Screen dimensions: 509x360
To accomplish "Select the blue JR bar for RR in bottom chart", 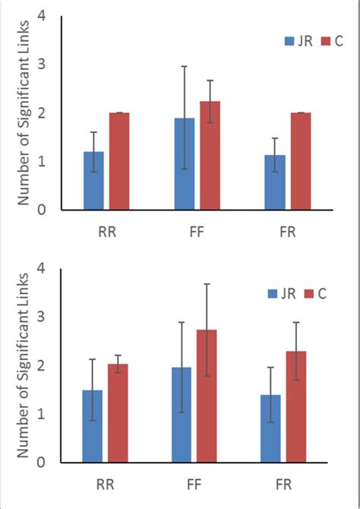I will pyautogui.click(x=93, y=426).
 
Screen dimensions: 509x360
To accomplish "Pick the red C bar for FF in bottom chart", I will pyautogui.click(x=207, y=396).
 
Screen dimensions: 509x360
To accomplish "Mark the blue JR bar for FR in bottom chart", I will pyautogui.click(x=271, y=428).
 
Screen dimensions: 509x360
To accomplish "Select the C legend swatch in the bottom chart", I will pyautogui.click(x=309, y=293).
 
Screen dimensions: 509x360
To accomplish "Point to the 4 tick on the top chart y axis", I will pyautogui.click(x=50, y=16).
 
